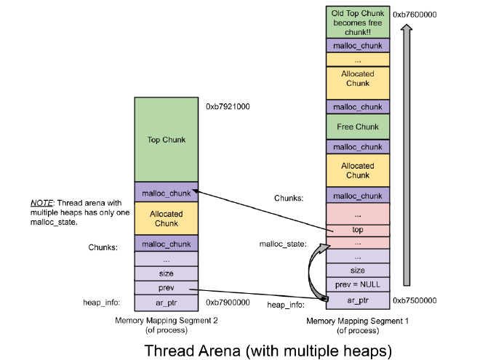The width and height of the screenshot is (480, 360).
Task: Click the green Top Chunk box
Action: tap(166, 140)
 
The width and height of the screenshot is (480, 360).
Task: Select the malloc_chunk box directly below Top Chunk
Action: tap(166, 192)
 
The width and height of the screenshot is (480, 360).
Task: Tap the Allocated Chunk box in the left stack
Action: tap(166, 219)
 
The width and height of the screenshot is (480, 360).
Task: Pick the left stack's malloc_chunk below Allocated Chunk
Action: tap(166, 244)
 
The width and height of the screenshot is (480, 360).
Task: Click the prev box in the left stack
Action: tap(166, 288)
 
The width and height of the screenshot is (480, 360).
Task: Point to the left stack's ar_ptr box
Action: tap(166, 303)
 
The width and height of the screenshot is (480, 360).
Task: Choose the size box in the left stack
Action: tap(166, 273)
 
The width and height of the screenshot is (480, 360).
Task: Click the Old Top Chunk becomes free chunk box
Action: tap(358, 23)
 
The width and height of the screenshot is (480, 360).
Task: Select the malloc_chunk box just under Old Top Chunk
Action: tap(358, 45)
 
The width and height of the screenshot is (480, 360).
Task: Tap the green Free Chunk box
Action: tap(358, 127)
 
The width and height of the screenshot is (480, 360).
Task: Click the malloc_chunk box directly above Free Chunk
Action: tap(358, 107)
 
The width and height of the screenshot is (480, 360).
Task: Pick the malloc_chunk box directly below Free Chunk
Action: tap(358, 147)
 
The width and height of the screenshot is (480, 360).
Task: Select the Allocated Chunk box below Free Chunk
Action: tap(358, 170)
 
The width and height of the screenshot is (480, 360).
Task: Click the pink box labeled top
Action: tap(358, 230)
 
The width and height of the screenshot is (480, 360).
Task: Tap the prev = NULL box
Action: tap(358, 284)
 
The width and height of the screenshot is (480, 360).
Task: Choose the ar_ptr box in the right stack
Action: tap(358, 300)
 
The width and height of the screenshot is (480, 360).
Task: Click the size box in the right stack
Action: tap(358, 270)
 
